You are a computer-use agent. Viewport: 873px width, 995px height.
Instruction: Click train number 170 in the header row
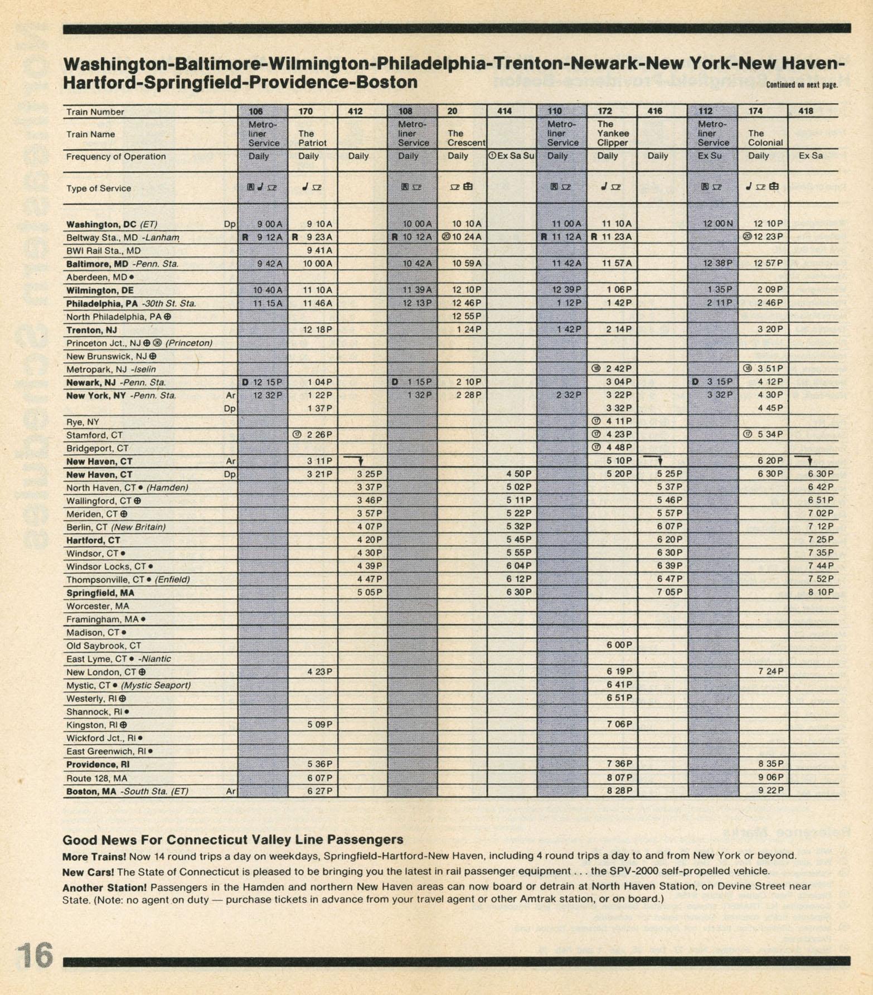tap(305, 111)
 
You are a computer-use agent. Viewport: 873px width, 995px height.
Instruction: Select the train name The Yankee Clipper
tap(613, 133)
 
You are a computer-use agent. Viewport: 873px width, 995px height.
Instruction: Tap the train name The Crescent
tap(466, 138)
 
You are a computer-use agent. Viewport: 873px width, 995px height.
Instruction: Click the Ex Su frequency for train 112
tap(710, 156)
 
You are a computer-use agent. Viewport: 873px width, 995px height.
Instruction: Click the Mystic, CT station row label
tap(128, 686)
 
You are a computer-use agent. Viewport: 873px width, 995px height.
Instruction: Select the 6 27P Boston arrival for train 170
tap(319, 791)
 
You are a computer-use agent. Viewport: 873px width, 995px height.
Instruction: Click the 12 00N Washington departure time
tap(718, 224)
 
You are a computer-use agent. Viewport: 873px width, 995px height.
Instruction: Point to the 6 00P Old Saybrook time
tap(619, 645)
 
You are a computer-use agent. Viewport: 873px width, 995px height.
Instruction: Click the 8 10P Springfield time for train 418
tap(821, 592)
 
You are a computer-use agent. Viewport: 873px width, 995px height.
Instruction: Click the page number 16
tap(33, 956)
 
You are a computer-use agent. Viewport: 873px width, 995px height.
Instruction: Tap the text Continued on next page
tap(802, 85)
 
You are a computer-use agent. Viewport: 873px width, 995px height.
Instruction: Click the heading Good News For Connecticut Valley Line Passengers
tap(232, 839)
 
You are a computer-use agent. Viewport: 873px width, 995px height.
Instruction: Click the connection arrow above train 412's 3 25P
tap(354, 460)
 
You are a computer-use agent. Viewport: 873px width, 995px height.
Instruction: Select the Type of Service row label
tap(99, 188)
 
